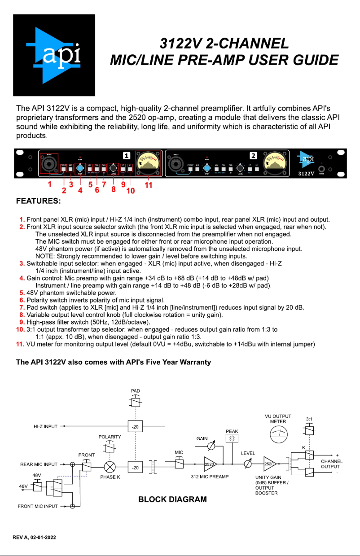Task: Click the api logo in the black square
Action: point(54,55)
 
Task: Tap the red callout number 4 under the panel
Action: point(81,190)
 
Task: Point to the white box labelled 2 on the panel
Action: point(253,156)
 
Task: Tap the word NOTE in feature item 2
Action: point(44,254)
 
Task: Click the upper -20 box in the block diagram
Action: point(135,426)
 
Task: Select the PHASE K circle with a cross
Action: point(109,467)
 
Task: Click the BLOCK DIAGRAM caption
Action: point(172,499)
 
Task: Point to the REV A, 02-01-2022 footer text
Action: point(34,537)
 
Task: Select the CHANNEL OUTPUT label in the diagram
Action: point(332,464)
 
